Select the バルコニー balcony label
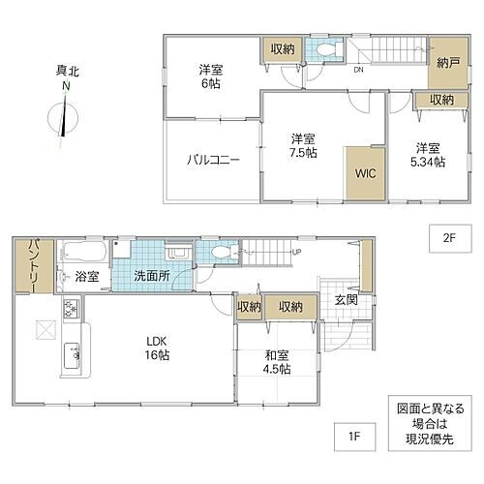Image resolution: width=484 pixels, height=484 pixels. tap(213, 161)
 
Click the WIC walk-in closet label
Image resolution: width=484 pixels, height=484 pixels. tap(365, 175)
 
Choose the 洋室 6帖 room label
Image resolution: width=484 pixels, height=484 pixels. tap(212, 76)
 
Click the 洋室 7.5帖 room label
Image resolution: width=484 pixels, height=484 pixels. tap(305, 146)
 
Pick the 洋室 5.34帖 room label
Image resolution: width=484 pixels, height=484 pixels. tap(427, 155)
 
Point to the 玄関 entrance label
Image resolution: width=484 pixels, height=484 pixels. tap(346, 301)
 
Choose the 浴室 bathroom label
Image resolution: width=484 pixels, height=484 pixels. tap(87, 277)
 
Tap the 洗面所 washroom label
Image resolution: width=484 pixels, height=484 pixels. tap(152, 277)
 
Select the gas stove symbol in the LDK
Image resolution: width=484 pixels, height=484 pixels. tap(71, 311)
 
